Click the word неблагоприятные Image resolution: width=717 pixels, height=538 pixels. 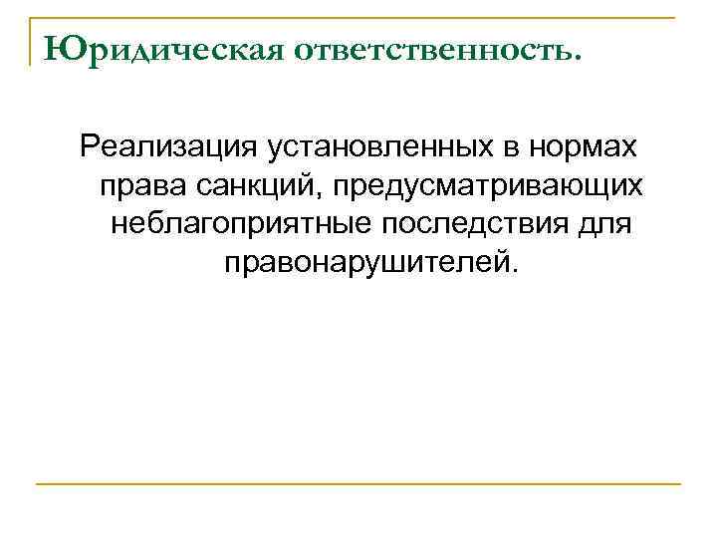pos(238,223)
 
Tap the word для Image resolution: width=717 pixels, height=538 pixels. pos(605,223)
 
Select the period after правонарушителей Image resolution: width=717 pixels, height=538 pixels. pos(515,270)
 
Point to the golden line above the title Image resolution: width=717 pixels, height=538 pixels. pos(358,18)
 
